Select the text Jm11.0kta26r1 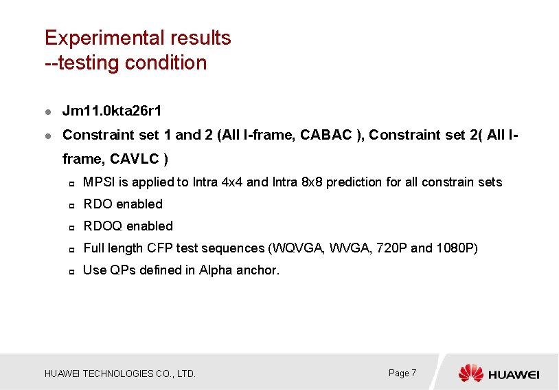click(x=112, y=111)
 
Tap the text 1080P click(x=456, y=248)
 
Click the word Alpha click(x=216, y=270)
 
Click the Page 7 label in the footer click(x=402, y=373)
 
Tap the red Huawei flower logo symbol click(x=471, y=373)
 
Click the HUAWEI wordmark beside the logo click(x=514, y=374)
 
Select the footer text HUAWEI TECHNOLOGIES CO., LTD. click(x=120, y=374)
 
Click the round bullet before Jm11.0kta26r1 click(x=47, y=111)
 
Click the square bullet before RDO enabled click(x=71, y=205)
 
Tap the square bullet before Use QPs click(x=71, y=271)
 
